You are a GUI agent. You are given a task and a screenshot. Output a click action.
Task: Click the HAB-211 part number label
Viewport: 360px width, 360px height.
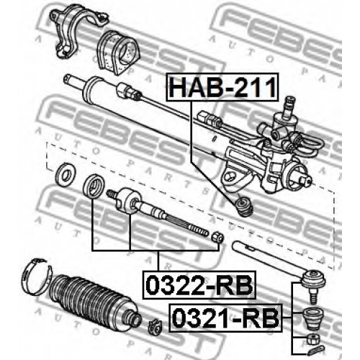[222, 86]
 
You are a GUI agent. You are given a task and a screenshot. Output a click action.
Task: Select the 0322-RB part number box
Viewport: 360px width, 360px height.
[199, 285]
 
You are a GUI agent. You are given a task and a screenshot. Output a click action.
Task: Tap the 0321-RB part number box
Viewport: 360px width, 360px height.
[226, 318]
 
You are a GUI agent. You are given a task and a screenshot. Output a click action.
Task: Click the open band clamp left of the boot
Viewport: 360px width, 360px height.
[36, 276]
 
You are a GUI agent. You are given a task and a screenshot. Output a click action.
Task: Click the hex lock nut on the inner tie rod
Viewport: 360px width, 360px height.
[217, 238]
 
